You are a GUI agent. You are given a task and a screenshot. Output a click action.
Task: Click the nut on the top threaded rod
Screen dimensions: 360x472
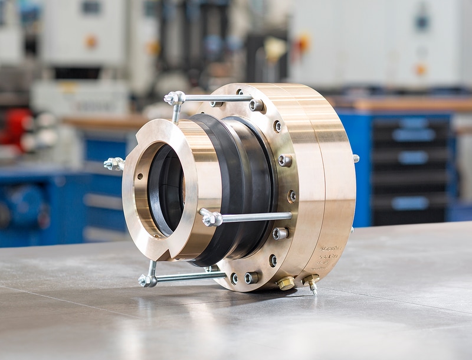pos(175,99)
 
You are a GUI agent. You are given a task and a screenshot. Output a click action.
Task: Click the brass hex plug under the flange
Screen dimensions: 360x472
pos(286,283)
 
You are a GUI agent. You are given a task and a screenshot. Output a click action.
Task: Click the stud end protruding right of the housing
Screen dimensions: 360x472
pos(356,158)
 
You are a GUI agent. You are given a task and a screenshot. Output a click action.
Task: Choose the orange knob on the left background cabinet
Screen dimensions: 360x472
pos(91,41)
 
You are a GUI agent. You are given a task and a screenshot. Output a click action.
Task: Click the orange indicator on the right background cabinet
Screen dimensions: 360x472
pos(421,69)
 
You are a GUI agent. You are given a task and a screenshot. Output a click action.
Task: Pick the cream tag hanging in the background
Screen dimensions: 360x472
pos(275,50)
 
